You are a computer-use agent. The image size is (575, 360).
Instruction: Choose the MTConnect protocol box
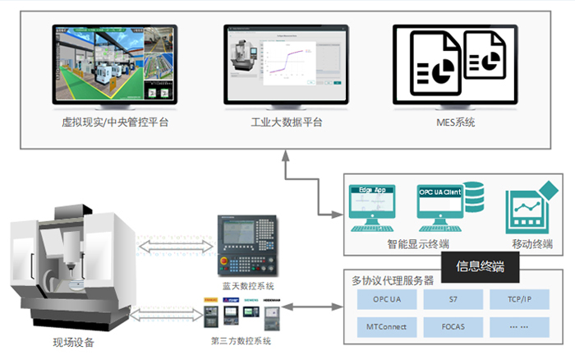[x=384, y=327]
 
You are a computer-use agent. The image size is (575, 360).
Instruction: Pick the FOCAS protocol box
[x=454, y=327]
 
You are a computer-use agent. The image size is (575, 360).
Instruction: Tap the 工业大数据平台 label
[x=287, y=122]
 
